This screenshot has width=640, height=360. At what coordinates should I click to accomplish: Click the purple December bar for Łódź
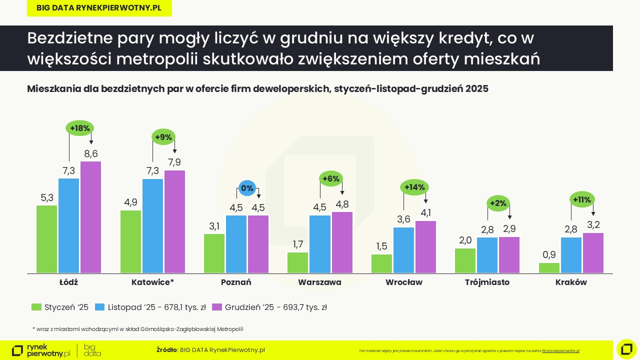90,217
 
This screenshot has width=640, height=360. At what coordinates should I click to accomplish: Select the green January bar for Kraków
549,268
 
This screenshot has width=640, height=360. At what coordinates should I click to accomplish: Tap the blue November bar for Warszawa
320,244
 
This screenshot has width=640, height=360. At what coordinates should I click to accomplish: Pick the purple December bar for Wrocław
425,247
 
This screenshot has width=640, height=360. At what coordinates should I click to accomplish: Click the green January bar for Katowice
130,241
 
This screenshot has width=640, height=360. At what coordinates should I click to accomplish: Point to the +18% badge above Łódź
80,128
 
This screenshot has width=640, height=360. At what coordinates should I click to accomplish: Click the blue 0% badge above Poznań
247,188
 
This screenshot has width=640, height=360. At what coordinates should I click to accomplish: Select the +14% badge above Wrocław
414,187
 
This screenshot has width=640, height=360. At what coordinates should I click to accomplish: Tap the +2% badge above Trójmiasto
498,203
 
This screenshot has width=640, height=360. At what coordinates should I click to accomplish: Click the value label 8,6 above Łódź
90,153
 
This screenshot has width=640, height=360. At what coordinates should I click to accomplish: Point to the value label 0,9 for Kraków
549,255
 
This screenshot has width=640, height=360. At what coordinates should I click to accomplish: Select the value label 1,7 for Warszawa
298,244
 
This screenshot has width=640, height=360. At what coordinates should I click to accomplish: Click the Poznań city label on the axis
236,282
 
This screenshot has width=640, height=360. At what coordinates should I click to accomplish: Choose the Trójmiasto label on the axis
487,282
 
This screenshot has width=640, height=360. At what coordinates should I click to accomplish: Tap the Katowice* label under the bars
152,282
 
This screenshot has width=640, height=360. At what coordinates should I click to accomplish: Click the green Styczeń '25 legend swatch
36,307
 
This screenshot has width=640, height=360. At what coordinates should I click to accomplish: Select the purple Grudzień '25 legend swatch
216,307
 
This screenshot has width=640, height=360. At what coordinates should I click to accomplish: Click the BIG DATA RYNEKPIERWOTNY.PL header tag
99,8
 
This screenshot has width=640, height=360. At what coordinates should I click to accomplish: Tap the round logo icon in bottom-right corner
626,349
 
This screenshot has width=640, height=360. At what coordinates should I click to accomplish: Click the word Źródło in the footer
166,350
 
